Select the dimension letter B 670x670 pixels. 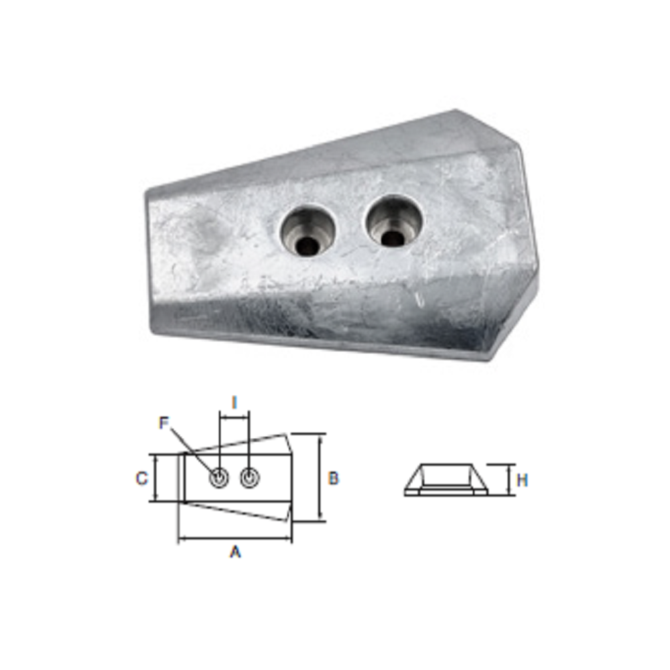[333, 478]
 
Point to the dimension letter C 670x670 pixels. [141, 478]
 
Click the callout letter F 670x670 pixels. [163, 423]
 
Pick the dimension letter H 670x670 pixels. [522, 480]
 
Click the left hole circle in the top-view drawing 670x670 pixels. [218, 478]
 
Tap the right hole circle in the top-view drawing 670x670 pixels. [249, 478]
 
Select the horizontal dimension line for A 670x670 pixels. [234, 539]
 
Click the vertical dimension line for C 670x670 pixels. [155, 478]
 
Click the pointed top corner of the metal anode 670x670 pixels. [456, 111]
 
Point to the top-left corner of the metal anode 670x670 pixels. [146, 191]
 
